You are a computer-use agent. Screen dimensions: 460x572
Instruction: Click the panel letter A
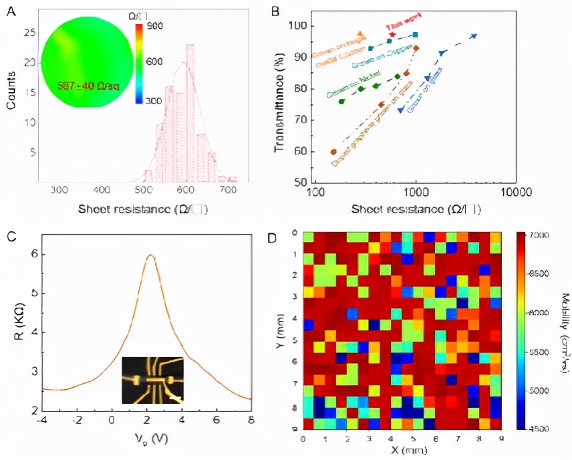tap(11, 11)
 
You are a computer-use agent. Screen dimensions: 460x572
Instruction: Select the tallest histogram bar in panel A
tap(190, 114)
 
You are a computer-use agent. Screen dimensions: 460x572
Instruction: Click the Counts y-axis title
tap(12, 94)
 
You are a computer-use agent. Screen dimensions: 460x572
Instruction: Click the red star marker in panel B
tap(392, 35)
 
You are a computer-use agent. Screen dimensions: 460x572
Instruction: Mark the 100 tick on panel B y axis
tap(297, 26)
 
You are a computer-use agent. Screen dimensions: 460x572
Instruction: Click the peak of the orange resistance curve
tap(151, 255)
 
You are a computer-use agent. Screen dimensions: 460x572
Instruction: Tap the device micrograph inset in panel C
tap(152, 380)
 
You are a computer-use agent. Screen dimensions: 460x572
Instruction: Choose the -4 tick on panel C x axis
tap(42, 420)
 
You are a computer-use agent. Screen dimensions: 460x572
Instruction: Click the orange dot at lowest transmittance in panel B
tap(333, 152)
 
